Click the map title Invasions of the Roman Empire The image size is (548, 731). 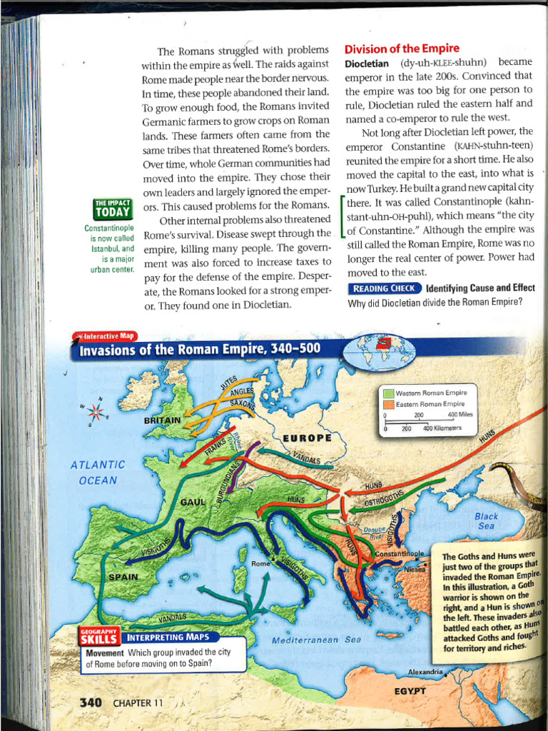coord(202,350)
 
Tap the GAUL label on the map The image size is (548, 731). coord(192,502)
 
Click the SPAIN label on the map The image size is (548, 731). coord(125,575)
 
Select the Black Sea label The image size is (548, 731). coord(486,521)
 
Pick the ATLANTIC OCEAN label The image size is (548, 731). coord(98,472)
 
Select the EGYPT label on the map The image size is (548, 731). coord(410,690)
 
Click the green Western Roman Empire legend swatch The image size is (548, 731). coord(389,393)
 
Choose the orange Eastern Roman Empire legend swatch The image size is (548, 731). coord(389,404)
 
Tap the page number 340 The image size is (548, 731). coord(91,702)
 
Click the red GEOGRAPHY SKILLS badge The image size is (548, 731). coord(100,636)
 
